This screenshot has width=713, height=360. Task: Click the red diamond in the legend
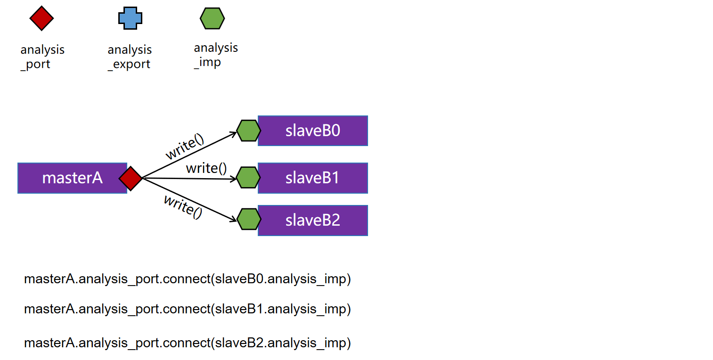(41, 18)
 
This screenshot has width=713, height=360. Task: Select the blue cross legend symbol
(130, 18)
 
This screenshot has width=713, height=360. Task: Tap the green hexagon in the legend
(212, 18)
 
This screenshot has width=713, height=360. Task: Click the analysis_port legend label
(42, 57)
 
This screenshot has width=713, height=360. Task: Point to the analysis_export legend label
(130, 57)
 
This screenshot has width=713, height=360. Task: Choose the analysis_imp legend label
(216, 55)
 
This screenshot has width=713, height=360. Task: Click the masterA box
(72, 178)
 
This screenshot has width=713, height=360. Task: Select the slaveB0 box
(312, 131)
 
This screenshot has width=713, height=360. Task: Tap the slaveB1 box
(312, 178)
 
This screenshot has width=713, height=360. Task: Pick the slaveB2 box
(312, 220)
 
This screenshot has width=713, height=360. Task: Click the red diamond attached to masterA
(131, 178)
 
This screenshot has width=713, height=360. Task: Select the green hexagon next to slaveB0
(248, 131)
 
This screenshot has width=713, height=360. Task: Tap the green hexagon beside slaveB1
(248, 177)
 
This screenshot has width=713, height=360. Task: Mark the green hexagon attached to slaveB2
(249, 219)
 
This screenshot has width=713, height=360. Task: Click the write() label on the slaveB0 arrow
(185, 147)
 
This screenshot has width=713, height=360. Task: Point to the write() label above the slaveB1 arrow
(206, 168)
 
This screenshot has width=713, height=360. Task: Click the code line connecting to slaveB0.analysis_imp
(188, 279)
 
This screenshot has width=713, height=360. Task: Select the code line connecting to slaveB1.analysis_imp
(188, 309)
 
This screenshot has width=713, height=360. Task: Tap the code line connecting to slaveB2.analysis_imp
(188, 343)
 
